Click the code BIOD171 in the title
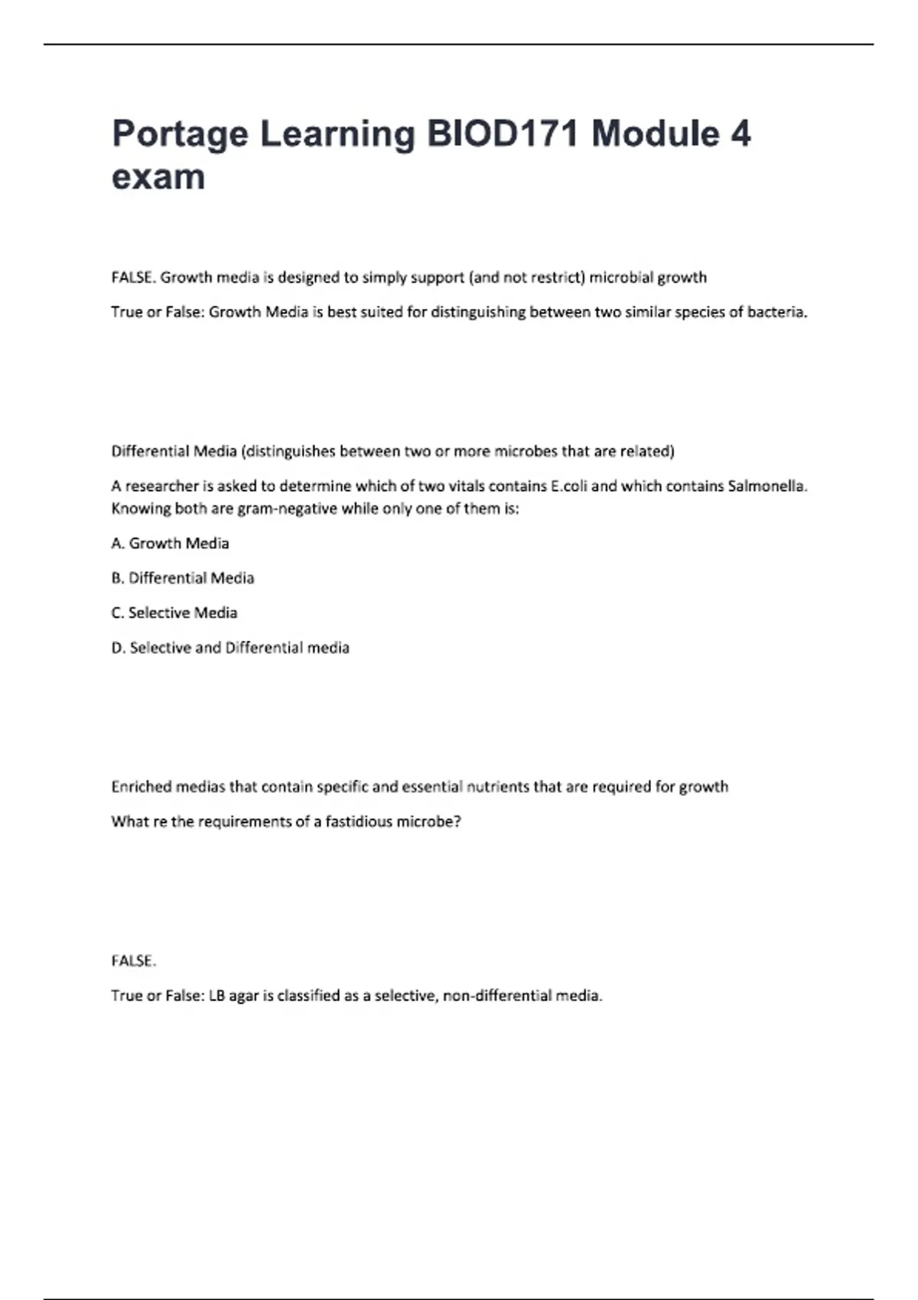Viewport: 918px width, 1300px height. click(x=502, y=134)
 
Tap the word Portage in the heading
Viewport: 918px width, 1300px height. click(x=180, y=134)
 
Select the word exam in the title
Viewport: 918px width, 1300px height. click(x=158, y=177)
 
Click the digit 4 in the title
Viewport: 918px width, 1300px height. click(x=740, y=134)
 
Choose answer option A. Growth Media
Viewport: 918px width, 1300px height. click(x=170, y=543)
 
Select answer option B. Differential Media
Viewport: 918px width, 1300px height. click(x=183, y=578)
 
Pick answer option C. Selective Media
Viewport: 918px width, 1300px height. click(x=174, y=613)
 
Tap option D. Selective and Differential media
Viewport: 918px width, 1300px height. click(x=230, y=648)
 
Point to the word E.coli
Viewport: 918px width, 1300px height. click(x=568, y=486)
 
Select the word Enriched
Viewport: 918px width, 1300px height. click(x=142, y=786)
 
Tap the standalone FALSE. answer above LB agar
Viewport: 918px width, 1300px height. click(x=134, y=960)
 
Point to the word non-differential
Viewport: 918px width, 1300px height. click(x=497, y=996)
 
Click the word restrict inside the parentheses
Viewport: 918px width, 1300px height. click(x=556, y=277)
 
